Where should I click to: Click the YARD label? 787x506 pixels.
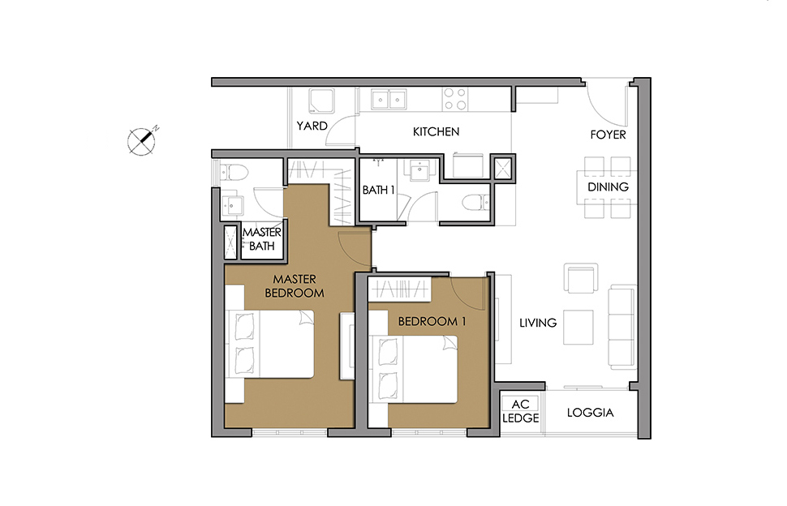(x=312, y=126)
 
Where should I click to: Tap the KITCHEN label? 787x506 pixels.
(x=436, y=132)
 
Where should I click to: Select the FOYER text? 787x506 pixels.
(x=608, y=135)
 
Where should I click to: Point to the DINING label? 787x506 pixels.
(x=608, y=187)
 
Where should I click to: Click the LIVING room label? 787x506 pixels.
(x=538, y=323)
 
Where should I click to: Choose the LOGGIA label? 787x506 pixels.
(x=591, y=413)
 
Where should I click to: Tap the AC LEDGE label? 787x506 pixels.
(x=521, y=411)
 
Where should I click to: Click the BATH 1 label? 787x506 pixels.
(x=378, y=190)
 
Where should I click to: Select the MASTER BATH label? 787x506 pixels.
(x=261, y=239)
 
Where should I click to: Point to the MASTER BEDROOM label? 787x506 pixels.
(x=295, y=286)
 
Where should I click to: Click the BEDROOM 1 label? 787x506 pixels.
(x=432, y=321)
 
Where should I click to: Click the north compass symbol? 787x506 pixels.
(x=143, y=140)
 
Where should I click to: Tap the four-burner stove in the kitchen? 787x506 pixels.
(x=455, y=99)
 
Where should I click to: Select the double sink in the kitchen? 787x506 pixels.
(x=389, y=99)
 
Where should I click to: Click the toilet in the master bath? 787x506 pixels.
(x=234, y=173)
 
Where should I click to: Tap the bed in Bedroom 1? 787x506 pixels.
(x=413, y=369)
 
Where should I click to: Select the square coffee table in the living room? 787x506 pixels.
(x=578, y=327)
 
